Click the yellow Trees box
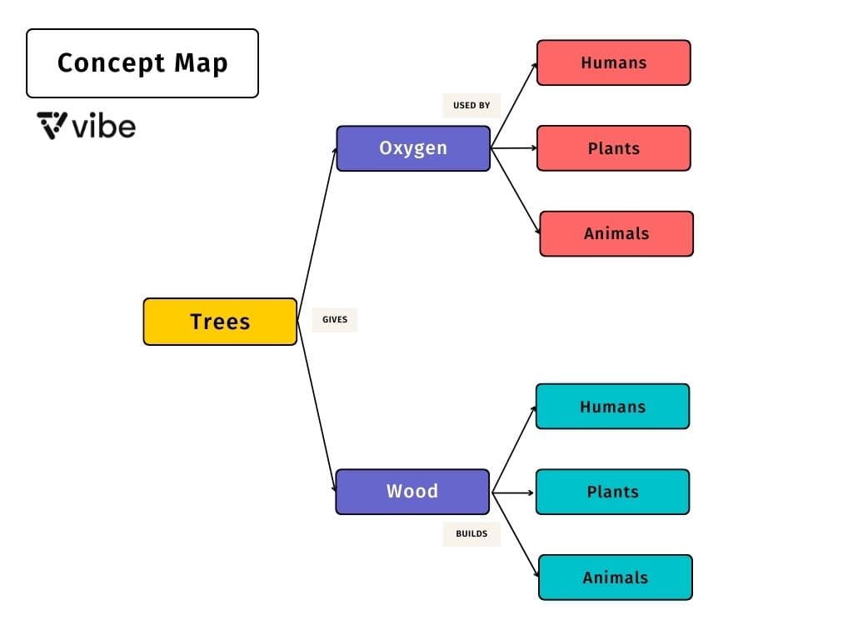pos(220,322)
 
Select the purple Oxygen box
pos(413,148)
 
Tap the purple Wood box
pos(412,492)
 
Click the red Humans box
pos(614,62)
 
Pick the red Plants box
pos(614,148)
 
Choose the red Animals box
pos(616,233)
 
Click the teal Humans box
pos(612,407)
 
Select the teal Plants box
pos(612,492)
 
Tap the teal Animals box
pos(616,577)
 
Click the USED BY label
pos(471,106)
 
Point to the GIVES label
pos(335,319)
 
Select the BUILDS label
pos(471,533)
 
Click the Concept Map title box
pos(142,63)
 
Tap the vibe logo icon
pos(52,126)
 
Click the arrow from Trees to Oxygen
pos(317,233)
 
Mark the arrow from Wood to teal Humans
pos(514,448)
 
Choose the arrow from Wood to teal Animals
pos(516,534)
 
